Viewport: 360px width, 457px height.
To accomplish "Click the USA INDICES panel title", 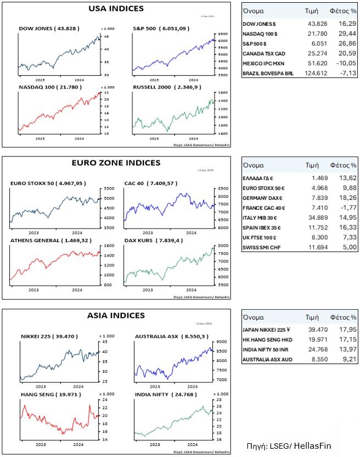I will click(x=116, y=9).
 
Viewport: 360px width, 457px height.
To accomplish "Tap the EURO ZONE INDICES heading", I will click(x=116, y=163).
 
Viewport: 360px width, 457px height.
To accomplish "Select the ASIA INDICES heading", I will click(x=116, y=316).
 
